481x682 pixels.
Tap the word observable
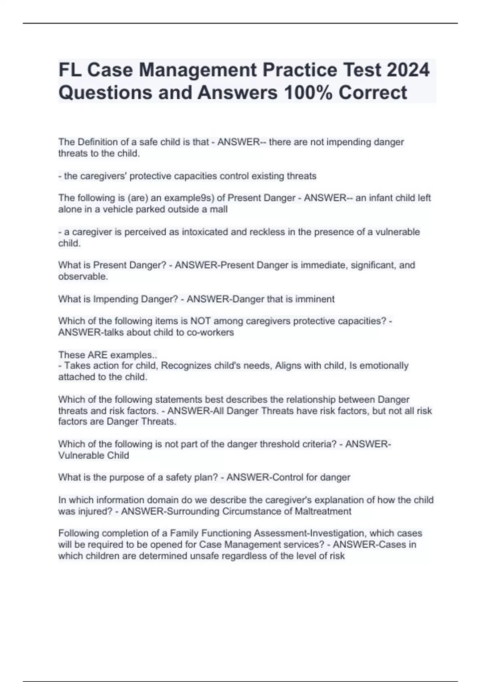tap(83, 276)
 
